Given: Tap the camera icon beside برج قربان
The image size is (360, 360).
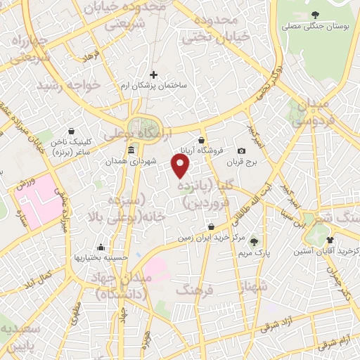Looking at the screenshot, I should click(242, 151).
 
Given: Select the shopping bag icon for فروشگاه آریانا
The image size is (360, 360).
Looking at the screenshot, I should click(202, 140).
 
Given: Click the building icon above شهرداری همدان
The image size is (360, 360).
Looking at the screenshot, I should click(131, 151).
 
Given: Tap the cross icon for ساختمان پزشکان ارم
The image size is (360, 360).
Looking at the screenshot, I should click(153, 74).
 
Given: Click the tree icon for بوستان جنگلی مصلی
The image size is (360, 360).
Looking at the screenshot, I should click(314, 14).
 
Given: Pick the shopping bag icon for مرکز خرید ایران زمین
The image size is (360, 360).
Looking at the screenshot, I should click(211, 226).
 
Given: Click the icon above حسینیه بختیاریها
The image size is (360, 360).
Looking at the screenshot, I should click(101, 247).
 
